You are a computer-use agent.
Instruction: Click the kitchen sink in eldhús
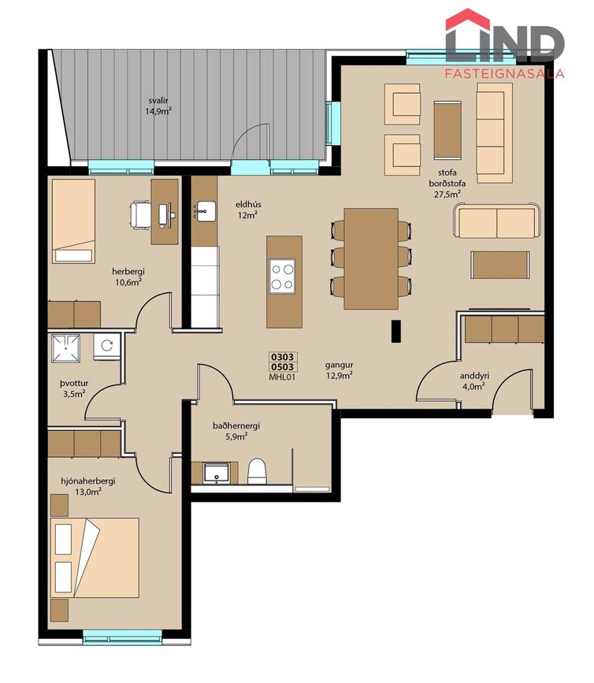(206, 211)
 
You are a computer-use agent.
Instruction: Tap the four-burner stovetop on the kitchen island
(282, 277)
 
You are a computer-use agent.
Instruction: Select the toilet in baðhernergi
(257, 471)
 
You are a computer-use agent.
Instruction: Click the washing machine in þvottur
(106, 347)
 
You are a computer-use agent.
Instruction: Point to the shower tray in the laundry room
(65, 347)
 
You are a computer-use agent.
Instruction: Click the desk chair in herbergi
(140, 214)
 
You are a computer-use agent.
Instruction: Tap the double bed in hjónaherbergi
(95, 558)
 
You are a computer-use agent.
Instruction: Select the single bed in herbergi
(73, 221)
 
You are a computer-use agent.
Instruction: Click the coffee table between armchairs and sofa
(447, 129)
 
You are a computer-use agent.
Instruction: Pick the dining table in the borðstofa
(371, 258)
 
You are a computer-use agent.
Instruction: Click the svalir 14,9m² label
(158, 106)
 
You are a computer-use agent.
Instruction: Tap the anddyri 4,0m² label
(474, 380)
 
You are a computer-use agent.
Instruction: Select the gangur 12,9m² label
(339, 370)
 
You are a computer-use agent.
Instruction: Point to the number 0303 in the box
(282, 357)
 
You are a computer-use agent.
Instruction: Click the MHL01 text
(282, 377)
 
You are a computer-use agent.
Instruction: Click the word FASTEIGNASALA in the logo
(504, 73)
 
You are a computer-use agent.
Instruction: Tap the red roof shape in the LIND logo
(468, 18)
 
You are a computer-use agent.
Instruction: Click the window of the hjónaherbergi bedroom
(122, 637)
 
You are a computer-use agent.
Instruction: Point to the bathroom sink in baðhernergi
(217, 473)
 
